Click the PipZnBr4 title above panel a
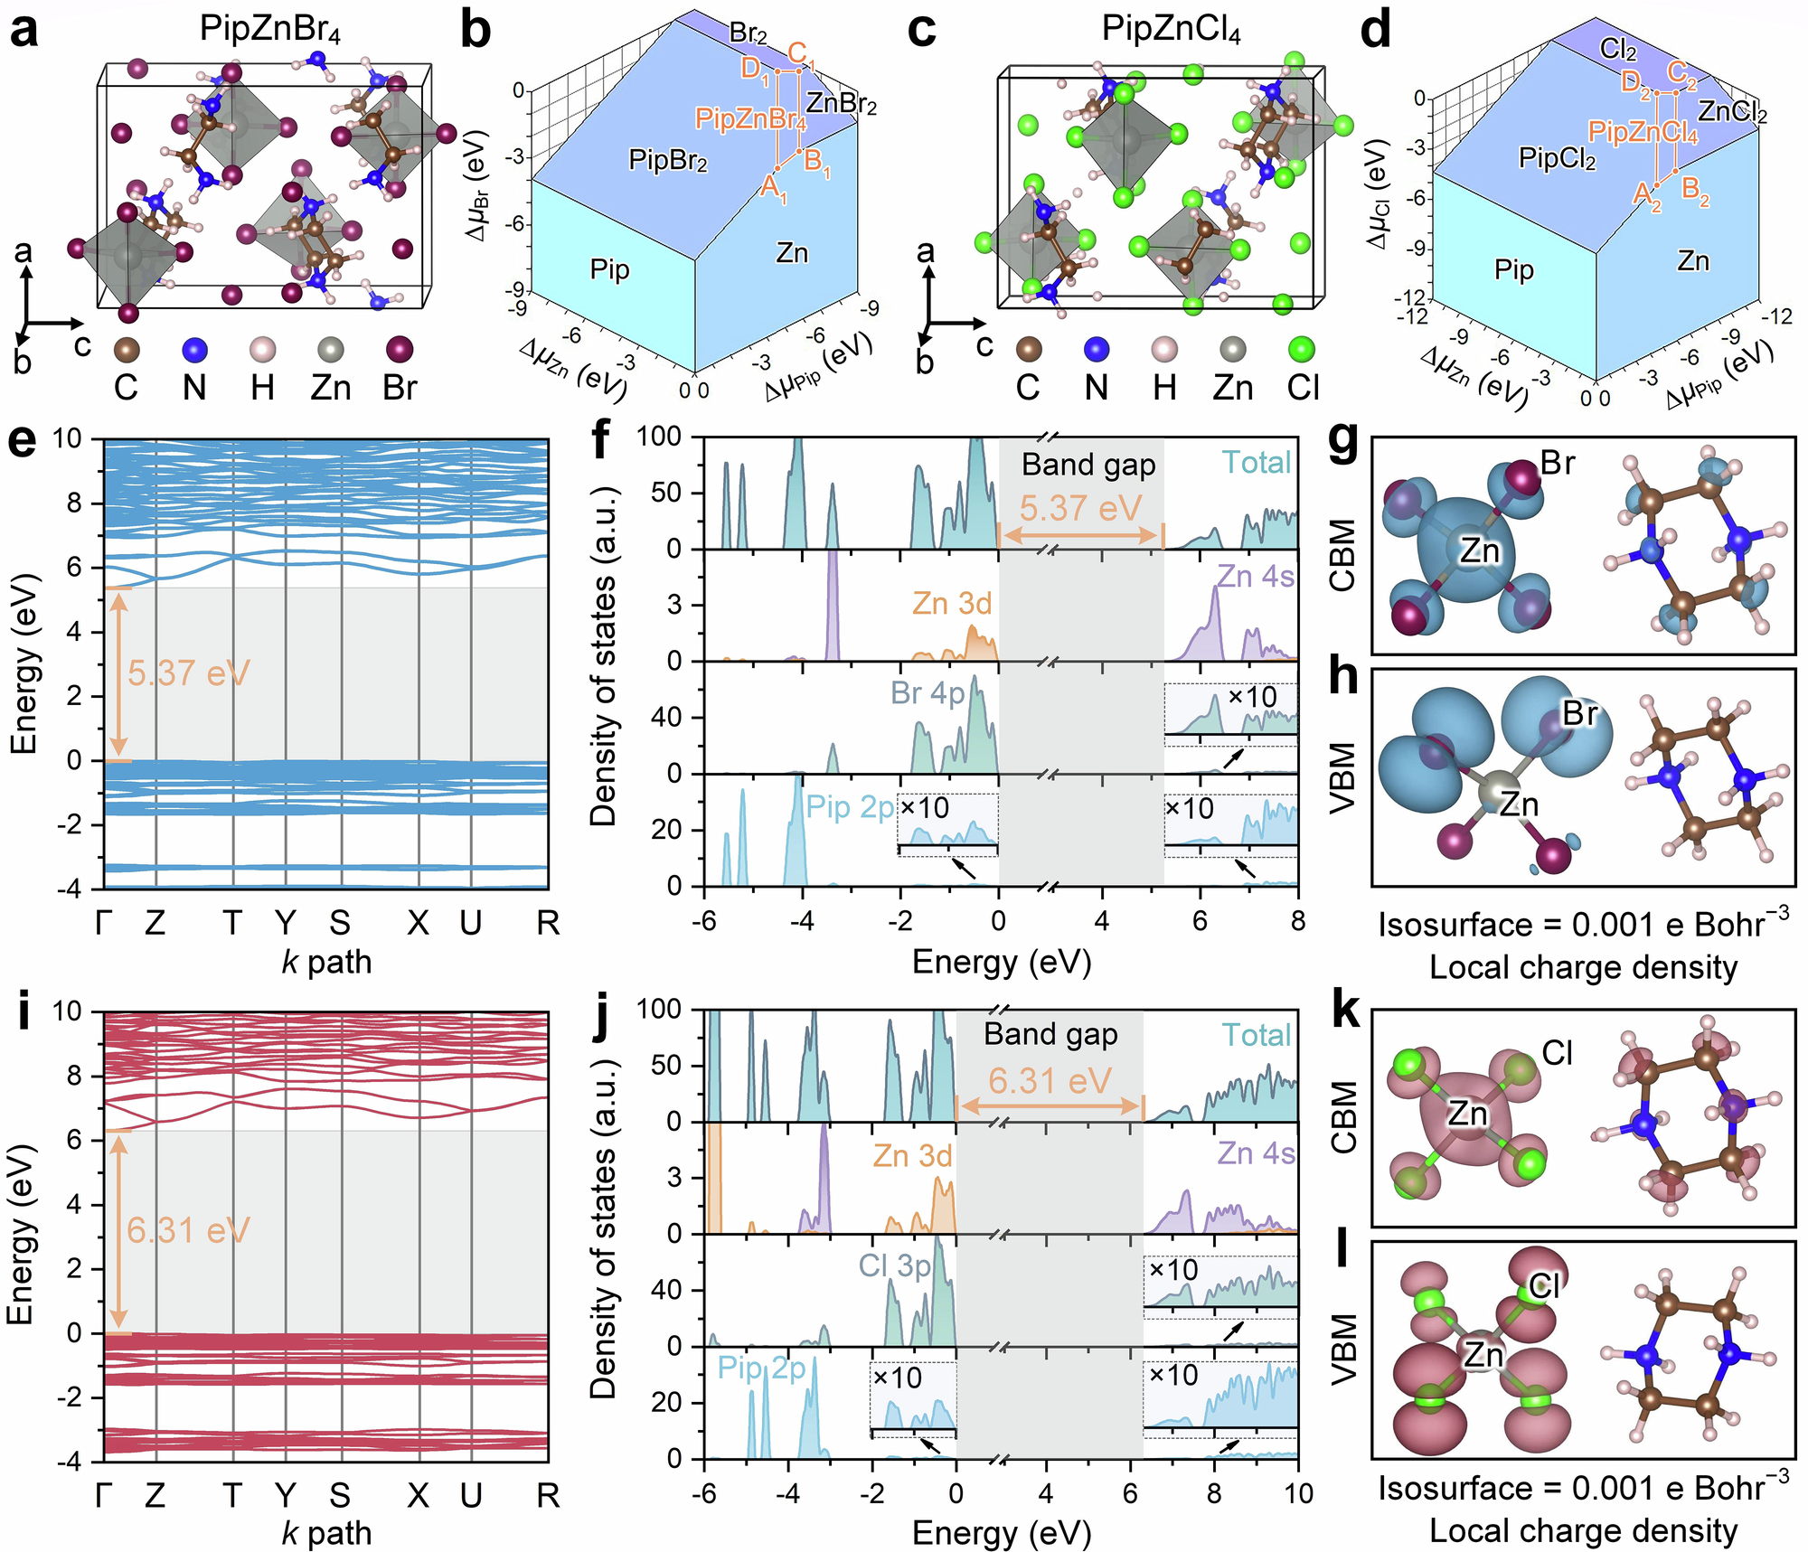(x=269, y=29)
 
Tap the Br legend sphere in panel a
(x=399, y=349)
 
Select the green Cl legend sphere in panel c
(x=1302, y=349)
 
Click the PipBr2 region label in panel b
(x=667, y=162)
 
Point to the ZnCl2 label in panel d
(x=1731, y=112)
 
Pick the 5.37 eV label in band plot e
(x=188, y=673)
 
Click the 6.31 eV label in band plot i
(x=188, y=1230)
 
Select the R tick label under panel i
(x=548, y=1496)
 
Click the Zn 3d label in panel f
(x=951, y=603)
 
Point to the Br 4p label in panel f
(x=928, y=692)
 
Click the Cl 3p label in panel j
(x=894, y=1265)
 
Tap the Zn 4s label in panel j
(x=1256, y=1153)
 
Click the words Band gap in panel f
(x=1088, y=465)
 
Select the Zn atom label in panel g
(x=1479, y=550)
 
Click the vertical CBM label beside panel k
(x=1344, y=1117)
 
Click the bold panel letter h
(x=1344, y=676)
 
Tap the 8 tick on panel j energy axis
(x=1213, y=1493)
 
